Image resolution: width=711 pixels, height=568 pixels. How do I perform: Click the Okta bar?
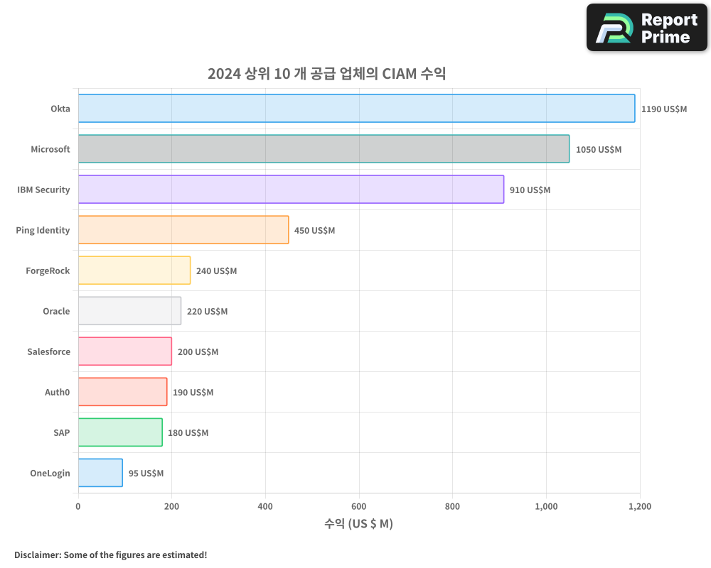click(x=355, y=109)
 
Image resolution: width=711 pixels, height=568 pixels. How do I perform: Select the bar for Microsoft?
click(x=324, y=149)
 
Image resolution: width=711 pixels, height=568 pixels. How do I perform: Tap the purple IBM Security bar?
click(x=291, y=190)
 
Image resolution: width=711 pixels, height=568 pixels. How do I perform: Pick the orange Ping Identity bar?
click(x=183, y=230)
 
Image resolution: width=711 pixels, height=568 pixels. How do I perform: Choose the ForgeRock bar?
click(x=134, y=271)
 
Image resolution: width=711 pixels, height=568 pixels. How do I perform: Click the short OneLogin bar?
click(x=100, y=473)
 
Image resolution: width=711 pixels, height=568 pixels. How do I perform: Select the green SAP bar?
click(x=120, y=432)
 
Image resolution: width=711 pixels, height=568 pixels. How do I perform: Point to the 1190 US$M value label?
click(x=664, y=109)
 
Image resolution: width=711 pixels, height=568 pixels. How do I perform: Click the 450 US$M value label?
click(x=314, y=231)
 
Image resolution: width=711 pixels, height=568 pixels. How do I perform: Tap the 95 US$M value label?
click(x=146, y=474)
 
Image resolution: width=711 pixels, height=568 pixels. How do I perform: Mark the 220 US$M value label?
click(x=207, y=312)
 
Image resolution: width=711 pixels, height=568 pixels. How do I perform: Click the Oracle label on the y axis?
click(x=56, y=312)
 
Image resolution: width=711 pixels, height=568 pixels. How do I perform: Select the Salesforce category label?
click(x=48, y=352)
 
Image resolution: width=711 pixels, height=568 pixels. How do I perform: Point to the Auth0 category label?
click(x=57, y=393)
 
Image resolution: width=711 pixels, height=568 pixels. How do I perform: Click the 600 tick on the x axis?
click(x=359, y=507)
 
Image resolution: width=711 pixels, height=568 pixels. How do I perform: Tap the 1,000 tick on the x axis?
click(x=546, y=507)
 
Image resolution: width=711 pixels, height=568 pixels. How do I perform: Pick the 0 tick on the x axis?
click(x=78, y=507)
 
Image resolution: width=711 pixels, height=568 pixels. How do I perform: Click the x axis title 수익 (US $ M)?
click(x=358, y=524)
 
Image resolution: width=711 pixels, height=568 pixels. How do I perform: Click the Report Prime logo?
click(x=647, y=28)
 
